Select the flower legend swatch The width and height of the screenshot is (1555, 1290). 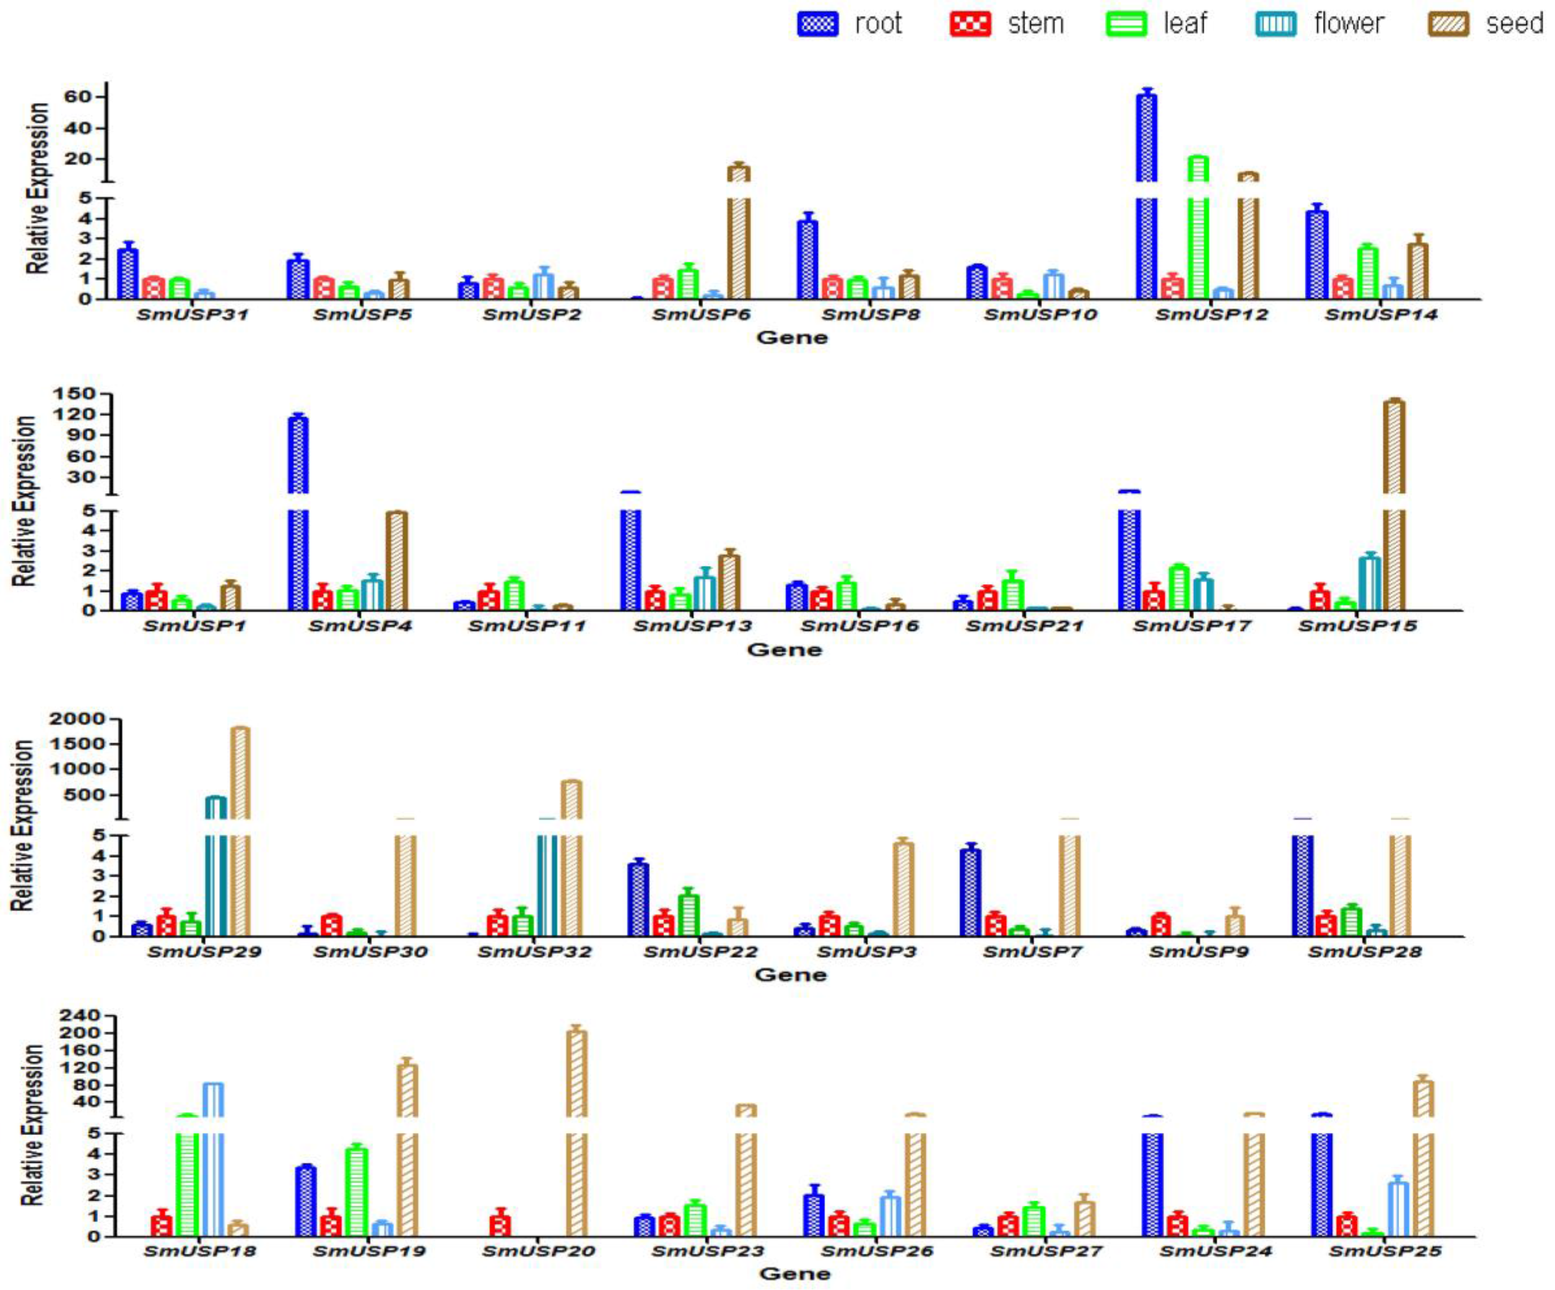pos(1275,24)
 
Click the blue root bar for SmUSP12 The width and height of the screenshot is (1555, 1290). pos(1146,222)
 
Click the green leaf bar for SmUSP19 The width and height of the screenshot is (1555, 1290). pos(356,1192)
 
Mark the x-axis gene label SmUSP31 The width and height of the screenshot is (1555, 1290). pos(193,315)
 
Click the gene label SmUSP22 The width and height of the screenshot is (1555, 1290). pos(701,951)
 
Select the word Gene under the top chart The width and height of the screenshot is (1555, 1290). pos(792,338)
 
